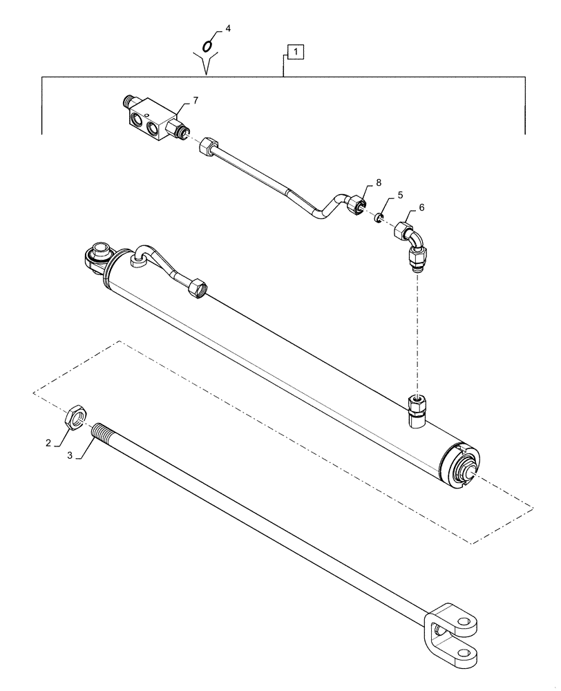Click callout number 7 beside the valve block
[195, 101]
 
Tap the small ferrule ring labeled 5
[379, 218]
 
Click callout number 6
[421, 207]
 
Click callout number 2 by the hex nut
[48, 442]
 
